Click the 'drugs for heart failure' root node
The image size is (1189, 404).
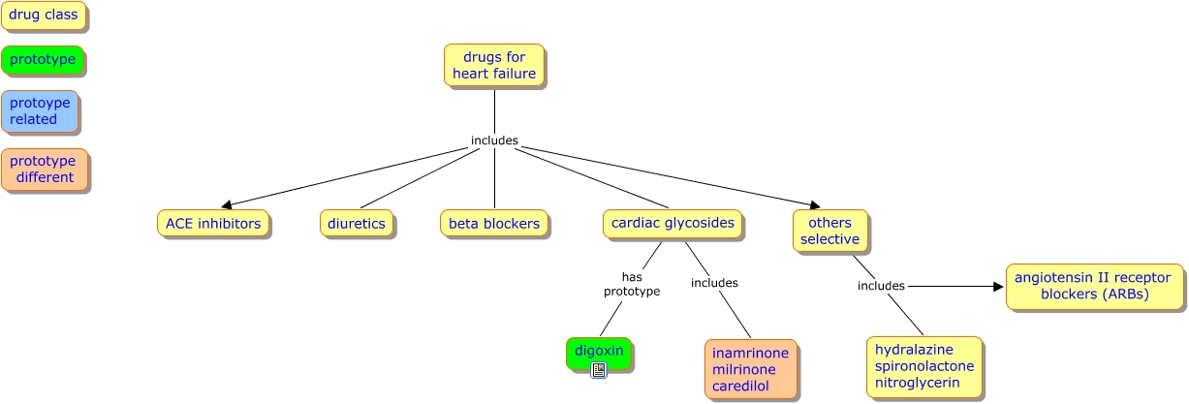(494, 66)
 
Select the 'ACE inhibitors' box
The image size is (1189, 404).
(213, 224)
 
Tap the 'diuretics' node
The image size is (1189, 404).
(357, 224)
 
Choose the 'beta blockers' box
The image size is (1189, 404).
(494, 224)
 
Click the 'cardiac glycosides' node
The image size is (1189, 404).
(673, 224)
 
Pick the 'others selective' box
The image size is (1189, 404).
(829, 232)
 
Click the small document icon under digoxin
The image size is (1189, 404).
(599, 370)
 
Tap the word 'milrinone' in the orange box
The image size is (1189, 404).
(744, 370)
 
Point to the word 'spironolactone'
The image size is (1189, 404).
(924, 366)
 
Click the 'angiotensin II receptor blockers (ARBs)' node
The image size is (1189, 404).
(1095, 287)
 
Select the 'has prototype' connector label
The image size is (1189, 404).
(632, 284)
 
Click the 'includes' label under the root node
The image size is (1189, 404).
(494, 140)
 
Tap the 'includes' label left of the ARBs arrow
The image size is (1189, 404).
(881, 286)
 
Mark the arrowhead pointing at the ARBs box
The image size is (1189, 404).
(997, 287)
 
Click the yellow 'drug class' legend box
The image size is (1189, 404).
(44, 16)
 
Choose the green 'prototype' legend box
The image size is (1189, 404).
(43, 60)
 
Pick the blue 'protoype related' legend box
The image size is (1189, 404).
(40, 111)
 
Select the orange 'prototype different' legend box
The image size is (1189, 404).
(45, 170)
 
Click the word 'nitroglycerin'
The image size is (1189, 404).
(917, 383)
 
